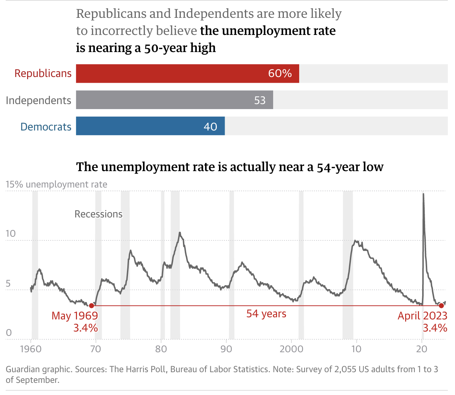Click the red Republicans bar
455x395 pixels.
pos(187,73)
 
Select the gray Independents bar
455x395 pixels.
pos(174,100)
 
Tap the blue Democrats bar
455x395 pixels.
pos(150,126)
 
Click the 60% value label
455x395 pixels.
pos(280,73)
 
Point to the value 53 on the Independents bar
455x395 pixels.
pos(260,100)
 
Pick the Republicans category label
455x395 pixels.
pos(43,73)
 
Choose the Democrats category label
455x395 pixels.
pos(46,127)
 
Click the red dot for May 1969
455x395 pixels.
pos(92,306)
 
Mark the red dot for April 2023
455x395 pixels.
pos(441,306)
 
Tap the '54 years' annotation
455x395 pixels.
pos(266,314)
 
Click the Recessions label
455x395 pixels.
pos(98,214)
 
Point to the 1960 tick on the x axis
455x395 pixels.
pos(31,349)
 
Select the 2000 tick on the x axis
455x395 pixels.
pos(291,349)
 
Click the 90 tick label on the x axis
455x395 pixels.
pos(226,349)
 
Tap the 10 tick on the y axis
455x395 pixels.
pos(11,234)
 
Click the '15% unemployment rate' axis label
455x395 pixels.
pos(56,184)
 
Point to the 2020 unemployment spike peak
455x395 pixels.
pos(423,194)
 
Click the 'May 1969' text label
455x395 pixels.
pos(75,316)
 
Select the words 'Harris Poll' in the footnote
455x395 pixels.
pos(146,369)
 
